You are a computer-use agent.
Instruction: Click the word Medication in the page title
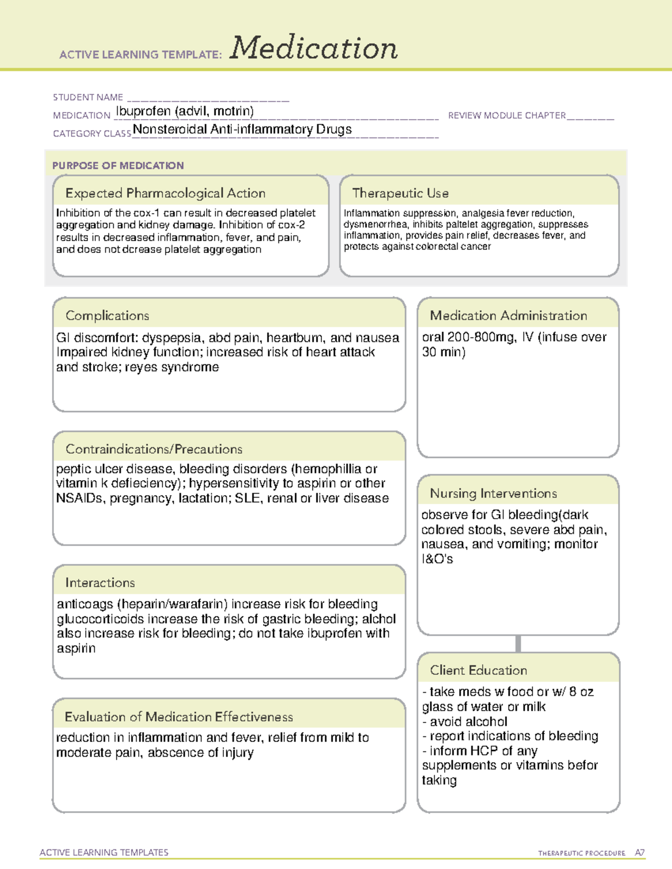coord(314,48)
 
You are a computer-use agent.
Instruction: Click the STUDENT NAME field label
coord(88,97)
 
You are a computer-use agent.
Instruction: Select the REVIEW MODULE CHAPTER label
coord(507,115)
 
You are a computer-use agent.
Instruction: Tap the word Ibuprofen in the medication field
coord(143,111)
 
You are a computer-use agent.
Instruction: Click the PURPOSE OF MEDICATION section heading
coord(118,166)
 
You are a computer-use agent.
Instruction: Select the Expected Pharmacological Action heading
coord(165,193)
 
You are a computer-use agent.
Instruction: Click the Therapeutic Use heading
coord(400,193)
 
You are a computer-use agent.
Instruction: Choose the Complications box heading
coord(108,316)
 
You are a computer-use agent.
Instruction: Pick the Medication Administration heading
coord(508,316)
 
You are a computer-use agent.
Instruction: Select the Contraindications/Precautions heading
coord(154,449)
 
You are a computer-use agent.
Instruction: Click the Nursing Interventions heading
coord(493,493)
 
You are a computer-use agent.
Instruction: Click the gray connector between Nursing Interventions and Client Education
coord(518,643)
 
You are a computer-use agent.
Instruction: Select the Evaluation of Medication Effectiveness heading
coord(179,717)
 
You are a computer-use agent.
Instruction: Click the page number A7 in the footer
coord(640,853)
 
